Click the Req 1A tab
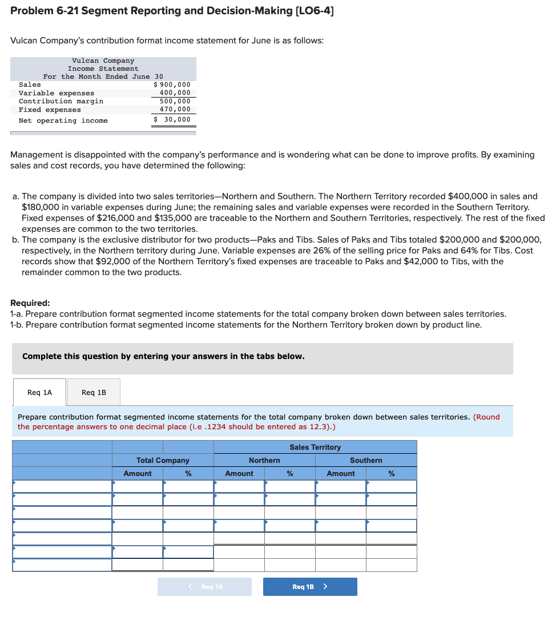point(39,393)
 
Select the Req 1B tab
point(94,393)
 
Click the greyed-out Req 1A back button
point(204,587)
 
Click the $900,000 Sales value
point(172,84)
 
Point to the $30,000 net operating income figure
point(173,119)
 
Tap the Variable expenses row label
point(57,93)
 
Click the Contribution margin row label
point(61,101)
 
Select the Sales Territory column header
point(315,447)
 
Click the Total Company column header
point(163,460)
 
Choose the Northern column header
point(264,460)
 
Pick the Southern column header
point(366,460)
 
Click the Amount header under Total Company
point(138,473)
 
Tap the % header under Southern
point(392,473)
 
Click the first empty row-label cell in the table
point(62,486)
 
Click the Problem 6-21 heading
point(171,11)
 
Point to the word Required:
point(30,303)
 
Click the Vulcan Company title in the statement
point(103,61)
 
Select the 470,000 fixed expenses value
point(175,109)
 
